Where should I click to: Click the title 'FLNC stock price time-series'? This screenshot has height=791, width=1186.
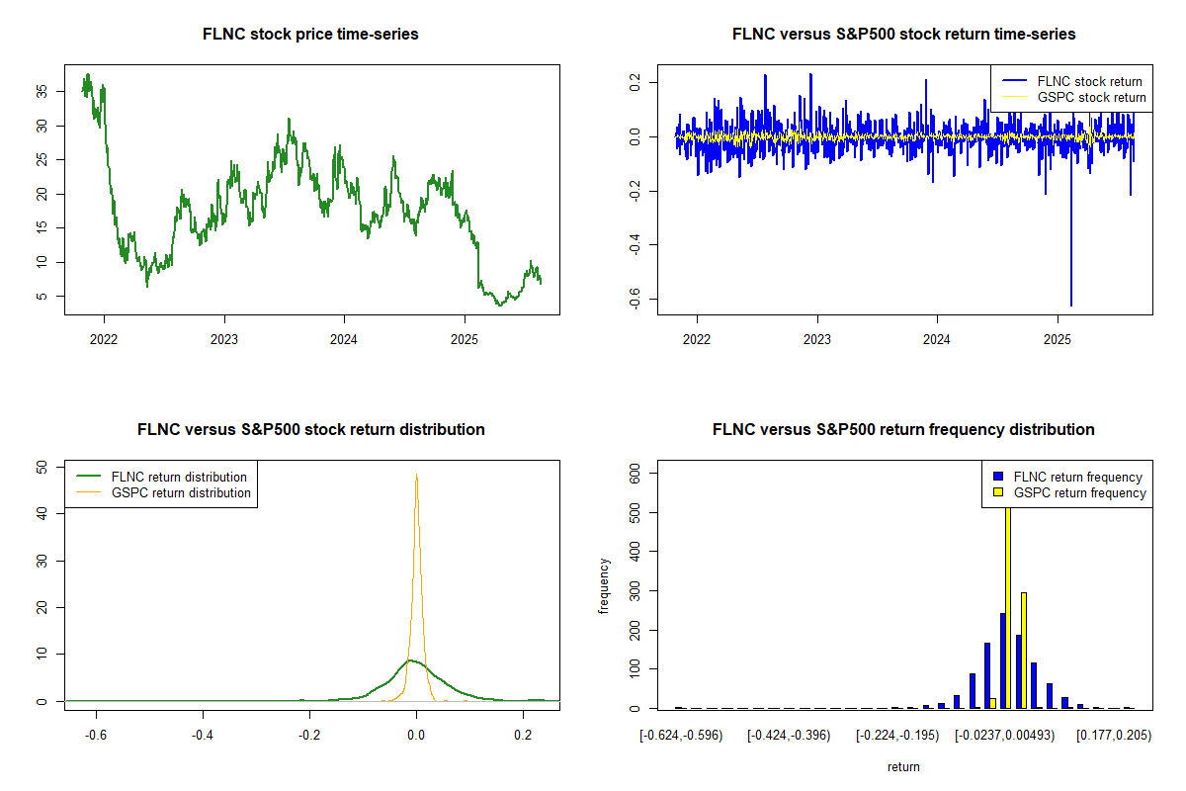click(310, 35)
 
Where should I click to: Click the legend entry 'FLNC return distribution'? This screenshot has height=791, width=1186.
click(179, 477)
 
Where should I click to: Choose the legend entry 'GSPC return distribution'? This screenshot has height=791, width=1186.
click(181, 492)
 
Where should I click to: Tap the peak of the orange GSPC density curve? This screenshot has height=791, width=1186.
click(416, 476)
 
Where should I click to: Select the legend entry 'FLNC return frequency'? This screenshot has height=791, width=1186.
click(1078, 477)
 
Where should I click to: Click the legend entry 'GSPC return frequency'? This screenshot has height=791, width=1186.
click(1079, 492)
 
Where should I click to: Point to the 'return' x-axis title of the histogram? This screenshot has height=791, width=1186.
click(903, 767)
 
